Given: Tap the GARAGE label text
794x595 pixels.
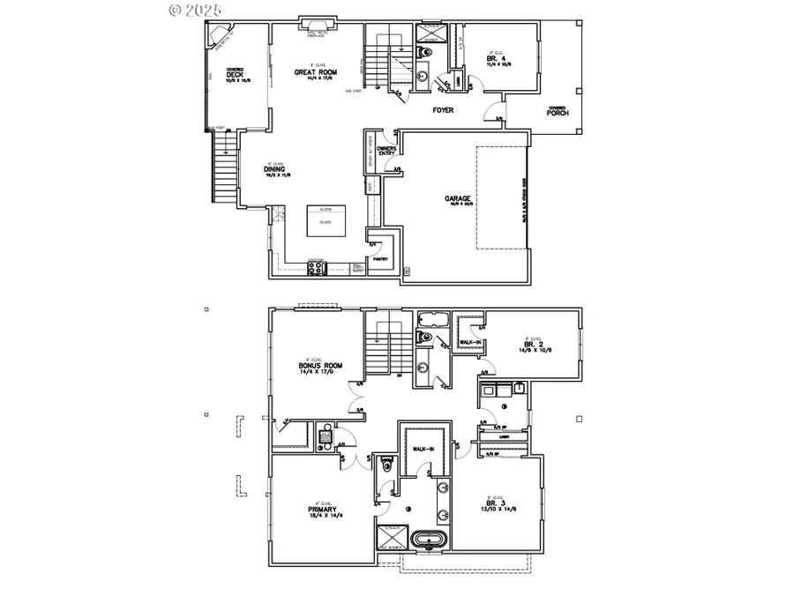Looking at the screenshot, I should tap(458, 199).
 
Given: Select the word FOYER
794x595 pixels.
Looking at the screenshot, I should tap(442, 111).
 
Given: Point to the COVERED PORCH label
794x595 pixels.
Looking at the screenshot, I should tap(557, 111).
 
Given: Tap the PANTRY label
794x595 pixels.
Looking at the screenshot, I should tap(381, 259).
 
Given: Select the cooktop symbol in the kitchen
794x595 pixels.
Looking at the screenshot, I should tap(317, 268).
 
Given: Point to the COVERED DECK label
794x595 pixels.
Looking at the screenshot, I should tap(235, 75).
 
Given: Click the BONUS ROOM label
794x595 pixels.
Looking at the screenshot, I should tap(319, 366).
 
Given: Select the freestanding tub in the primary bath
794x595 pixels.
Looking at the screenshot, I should tap(428, 539).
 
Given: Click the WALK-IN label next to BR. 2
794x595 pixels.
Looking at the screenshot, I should tap(469, 342).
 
